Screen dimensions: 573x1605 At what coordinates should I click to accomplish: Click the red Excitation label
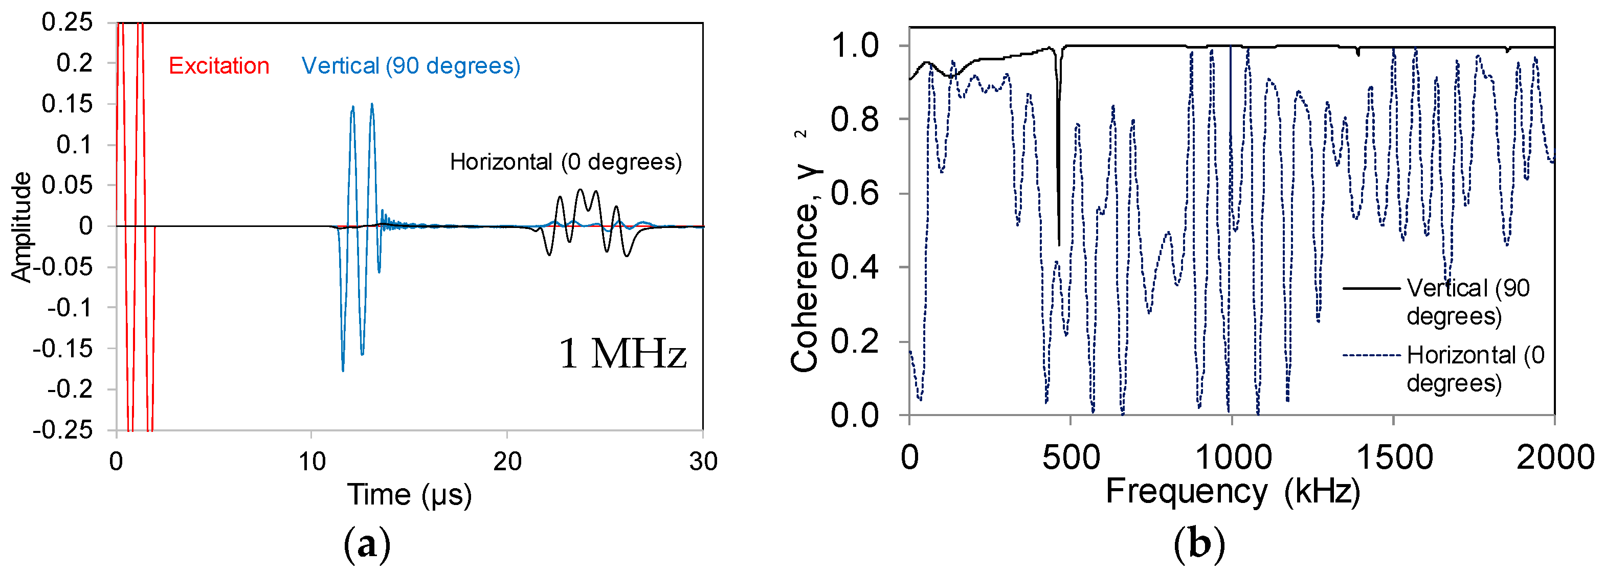pos(219,65)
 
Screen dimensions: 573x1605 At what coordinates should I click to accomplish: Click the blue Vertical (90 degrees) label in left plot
pos(411,65)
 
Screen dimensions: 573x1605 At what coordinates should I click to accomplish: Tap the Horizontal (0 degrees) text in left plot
pos(566,162)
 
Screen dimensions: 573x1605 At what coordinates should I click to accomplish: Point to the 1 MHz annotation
pos(622,354)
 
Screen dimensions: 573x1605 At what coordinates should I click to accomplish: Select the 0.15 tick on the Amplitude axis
pos(66,103)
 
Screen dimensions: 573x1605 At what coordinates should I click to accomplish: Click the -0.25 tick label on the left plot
pos(62,430)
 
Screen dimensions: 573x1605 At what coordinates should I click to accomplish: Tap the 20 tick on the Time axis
pos(507,462)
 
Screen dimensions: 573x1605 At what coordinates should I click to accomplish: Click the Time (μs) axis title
pos(409,495)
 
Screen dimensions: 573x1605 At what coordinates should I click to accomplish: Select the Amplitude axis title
pos(21,227)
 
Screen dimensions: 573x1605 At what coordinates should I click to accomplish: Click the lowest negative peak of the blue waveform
pos(343,371)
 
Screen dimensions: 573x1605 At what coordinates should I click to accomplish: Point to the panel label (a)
pos(367,544)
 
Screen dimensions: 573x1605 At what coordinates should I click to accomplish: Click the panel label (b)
pos(1199,544)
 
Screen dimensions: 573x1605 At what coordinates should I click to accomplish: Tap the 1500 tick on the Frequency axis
pos(1394,458)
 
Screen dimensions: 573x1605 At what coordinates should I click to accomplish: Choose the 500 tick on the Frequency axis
pos(1071,458)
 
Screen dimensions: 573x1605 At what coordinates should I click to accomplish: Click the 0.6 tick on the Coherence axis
pos(854,193)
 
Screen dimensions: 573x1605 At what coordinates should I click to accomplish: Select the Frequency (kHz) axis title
pos(1233,491)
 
